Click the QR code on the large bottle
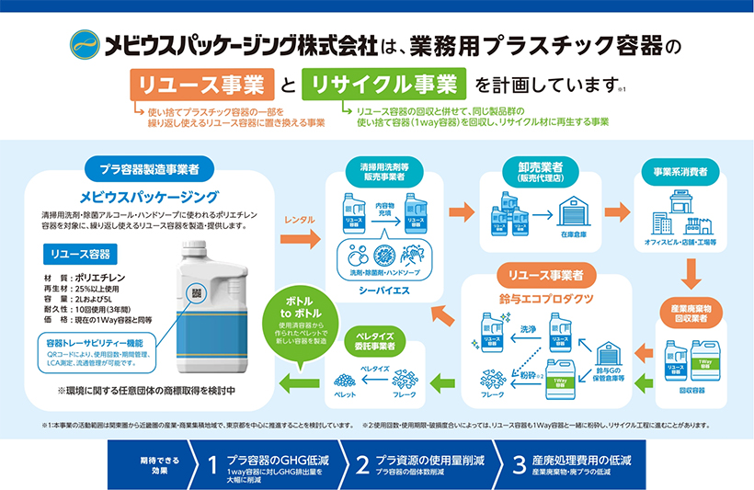(x=196, y=292)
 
